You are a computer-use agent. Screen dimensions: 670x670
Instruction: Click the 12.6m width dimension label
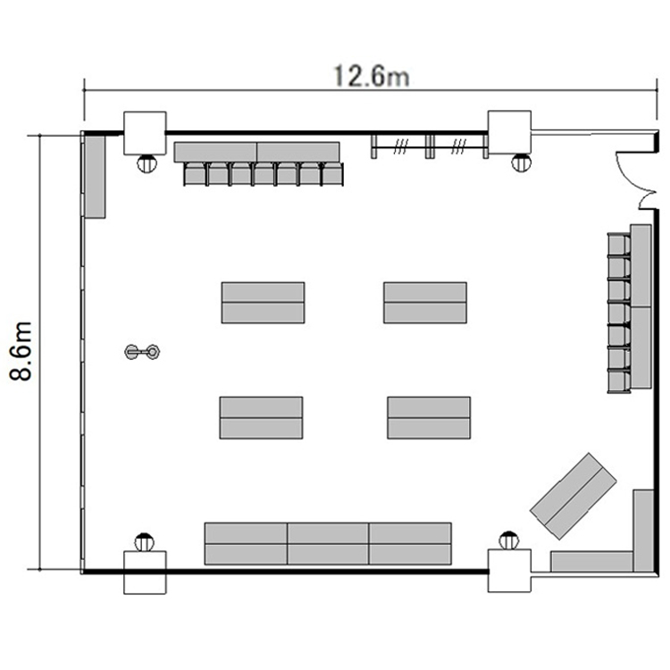tap(371, 76)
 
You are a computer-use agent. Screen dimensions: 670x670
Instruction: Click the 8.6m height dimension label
tap(21, 351)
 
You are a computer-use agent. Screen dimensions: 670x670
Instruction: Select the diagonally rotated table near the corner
tap(573, 496)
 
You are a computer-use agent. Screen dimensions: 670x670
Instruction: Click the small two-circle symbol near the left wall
tap(142, 352)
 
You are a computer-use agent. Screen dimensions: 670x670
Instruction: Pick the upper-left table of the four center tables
tap(263, 303)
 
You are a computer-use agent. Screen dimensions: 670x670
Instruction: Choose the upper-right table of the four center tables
tap(425, 303)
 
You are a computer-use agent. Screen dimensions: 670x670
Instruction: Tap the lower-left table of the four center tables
tap(261, 417)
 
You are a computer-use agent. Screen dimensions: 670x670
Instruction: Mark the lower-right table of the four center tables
tap(429, 417)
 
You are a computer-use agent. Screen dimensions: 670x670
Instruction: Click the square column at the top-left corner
tap(145, 133)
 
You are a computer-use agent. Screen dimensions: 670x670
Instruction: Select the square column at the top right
tap(509, 132)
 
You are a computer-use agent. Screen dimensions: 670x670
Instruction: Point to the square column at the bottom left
tap(145, 572)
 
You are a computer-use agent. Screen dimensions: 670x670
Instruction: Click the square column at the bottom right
tap(509, 571)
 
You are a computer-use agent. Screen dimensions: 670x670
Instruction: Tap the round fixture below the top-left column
tap(147, 163)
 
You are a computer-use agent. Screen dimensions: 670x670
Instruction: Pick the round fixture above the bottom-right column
tap(509, 540)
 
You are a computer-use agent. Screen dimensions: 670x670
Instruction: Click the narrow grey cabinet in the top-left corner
tap(95, 177)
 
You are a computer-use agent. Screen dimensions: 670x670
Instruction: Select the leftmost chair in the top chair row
tap(196, 174)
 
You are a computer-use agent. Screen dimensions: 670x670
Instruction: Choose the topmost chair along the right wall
tap(619, 245)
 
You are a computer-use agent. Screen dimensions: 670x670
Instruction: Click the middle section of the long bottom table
tap(328, 543)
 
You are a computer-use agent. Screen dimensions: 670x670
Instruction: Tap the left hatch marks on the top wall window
tap(400, 147)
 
